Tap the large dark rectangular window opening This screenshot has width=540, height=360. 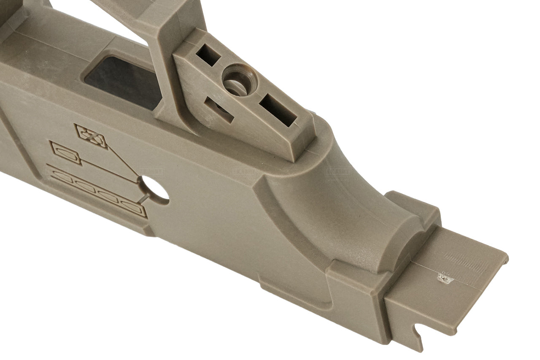pyautogui.click(x=122, y=80)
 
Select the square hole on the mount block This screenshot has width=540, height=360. pyautogui.click(x=208, y=54)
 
